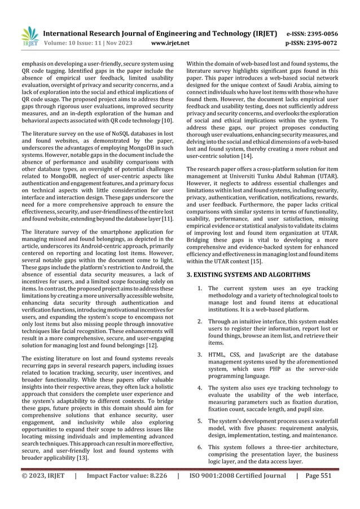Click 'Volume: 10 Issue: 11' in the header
(x=73, y=42)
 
